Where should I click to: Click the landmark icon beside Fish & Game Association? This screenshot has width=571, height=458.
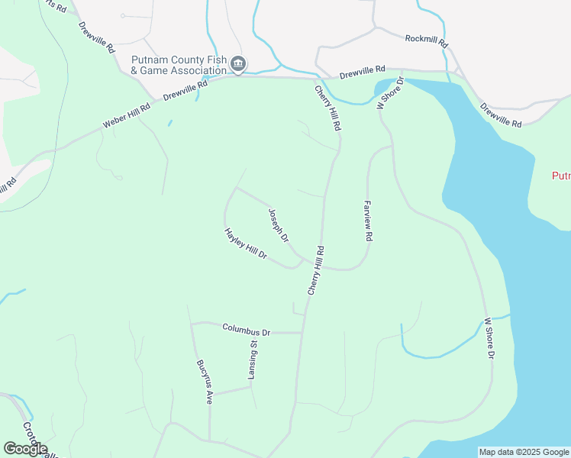pos(238,64)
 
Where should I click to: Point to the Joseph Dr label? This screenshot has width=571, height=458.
pos(279,225)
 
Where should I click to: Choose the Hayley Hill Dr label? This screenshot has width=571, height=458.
pos(245,243)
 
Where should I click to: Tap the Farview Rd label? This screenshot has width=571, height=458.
pos(367,221)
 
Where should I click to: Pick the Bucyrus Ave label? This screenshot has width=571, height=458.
pos(204,381)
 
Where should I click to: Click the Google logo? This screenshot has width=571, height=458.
pos(25,449)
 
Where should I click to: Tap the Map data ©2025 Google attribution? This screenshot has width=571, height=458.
pos(524,452)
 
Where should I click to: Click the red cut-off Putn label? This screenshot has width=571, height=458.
pos(561,176)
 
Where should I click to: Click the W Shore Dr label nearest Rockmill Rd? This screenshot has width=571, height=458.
pos(389,93)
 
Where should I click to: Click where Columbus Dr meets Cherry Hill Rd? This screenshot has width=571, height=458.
pos(302,333)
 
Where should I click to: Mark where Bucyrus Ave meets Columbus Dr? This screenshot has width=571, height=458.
pos(192,324)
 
